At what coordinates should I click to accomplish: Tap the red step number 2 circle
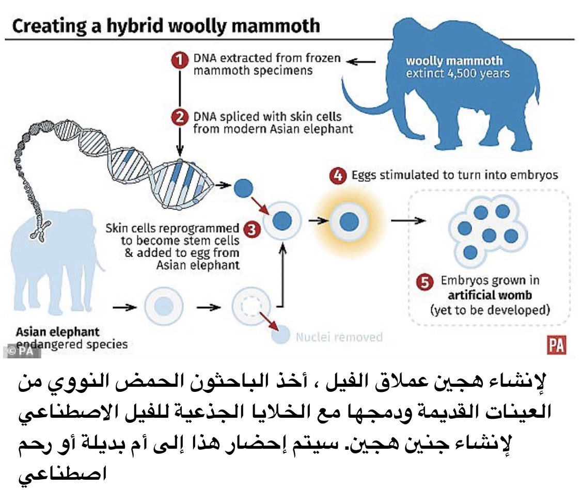pos(179,118)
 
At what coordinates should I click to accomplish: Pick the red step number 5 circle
pos(425,282)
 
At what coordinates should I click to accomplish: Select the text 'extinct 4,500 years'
pos(458,73)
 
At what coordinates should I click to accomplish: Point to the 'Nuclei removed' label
pos(339,338)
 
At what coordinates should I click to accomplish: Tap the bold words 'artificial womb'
pos(490,296)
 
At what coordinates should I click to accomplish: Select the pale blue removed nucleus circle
pos(280,336)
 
